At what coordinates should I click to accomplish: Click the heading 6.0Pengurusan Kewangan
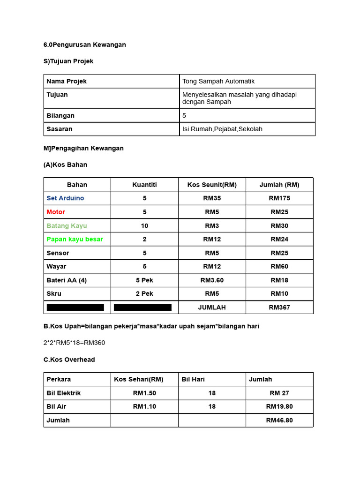click(x=85, y=45)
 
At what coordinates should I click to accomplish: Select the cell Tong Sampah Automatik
click(x=218, y=81)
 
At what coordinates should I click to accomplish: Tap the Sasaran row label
click(x=60, y=129)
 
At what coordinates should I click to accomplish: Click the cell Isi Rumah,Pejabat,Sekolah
click(x=222, y=129)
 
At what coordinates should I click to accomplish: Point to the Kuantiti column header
click(x=144, y=185)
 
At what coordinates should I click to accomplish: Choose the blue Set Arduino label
click(x=65, y=198)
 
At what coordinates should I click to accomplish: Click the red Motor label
click(x=56, y=212)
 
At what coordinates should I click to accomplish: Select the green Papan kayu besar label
click(x=75, y=239)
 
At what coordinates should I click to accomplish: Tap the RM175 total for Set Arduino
click(x=279, y=198)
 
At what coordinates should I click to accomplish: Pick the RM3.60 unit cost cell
click(x=212, y=280)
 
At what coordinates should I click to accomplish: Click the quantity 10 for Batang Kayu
click(x=144, y=225)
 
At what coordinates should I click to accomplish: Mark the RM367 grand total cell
click(x=279, y=307)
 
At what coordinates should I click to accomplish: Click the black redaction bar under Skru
click(x=75, y=307)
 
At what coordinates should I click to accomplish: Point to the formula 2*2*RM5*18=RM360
click(x=75, y=343)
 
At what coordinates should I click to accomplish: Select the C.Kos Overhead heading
click(x=69, y=360)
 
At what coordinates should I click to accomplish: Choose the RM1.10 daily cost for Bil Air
click(x=144, y=406)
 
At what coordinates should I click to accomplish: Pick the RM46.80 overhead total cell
click(x=279, y=420)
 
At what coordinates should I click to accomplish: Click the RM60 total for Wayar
click(x=279, y=266)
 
